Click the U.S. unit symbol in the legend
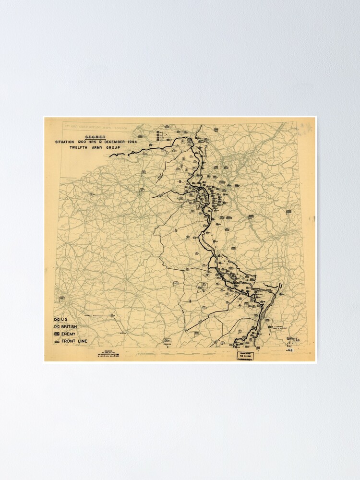click(x=57, y=319)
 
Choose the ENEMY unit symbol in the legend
click(x=57, y=334)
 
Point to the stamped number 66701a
click(x=293, y=339)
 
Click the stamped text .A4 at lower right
click(x=289, y=351)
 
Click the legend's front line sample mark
click(x=57, y=341)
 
